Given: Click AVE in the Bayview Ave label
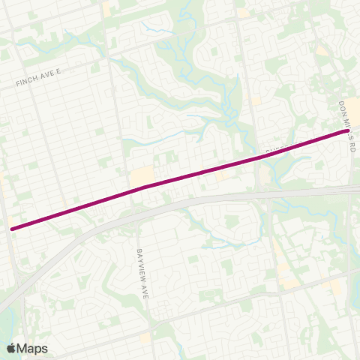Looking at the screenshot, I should [x=146, y=289].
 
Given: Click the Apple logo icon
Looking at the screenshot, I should [x=11, y=348].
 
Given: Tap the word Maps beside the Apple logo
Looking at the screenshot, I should [x=32, y=348].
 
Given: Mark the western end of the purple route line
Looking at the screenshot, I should [x=11, y=228].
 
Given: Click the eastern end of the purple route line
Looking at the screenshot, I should [x=347, y=131].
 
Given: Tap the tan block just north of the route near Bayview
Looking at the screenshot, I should [x=139, y=177].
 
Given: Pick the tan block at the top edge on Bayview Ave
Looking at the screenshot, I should [x=107, y=10].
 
